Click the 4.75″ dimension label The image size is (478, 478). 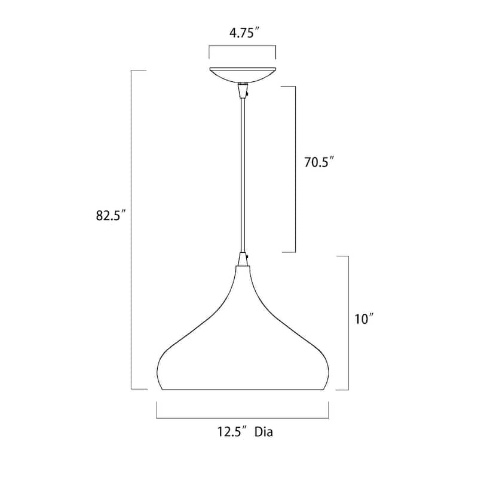coord(244,32)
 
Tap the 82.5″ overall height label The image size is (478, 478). coord(111,215)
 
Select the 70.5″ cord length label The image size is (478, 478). coord(320,162)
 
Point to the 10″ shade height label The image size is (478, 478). coord(364,319)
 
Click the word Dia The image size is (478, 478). coord(263,431)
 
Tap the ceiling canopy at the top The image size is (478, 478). coord(243,75)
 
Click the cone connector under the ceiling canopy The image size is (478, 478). coord(243,91)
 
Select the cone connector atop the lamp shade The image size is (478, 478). coord(243,259)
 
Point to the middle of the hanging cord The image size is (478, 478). coord(243,175)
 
